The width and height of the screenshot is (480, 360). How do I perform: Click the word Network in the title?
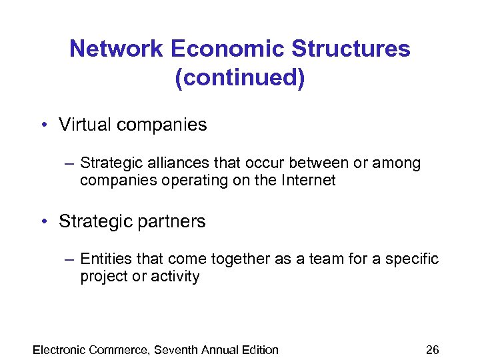point(116,49)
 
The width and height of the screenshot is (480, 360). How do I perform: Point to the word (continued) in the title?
point(240,78)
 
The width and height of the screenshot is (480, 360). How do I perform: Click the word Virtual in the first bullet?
point(83,125)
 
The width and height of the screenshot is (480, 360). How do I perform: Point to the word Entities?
point(103,259)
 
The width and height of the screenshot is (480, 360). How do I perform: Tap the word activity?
point(177,276)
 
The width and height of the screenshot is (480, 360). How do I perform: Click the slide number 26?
point(433,349)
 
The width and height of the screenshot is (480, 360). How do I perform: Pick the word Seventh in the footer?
point(177,349)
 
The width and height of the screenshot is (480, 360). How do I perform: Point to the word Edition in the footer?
point(259,349)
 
